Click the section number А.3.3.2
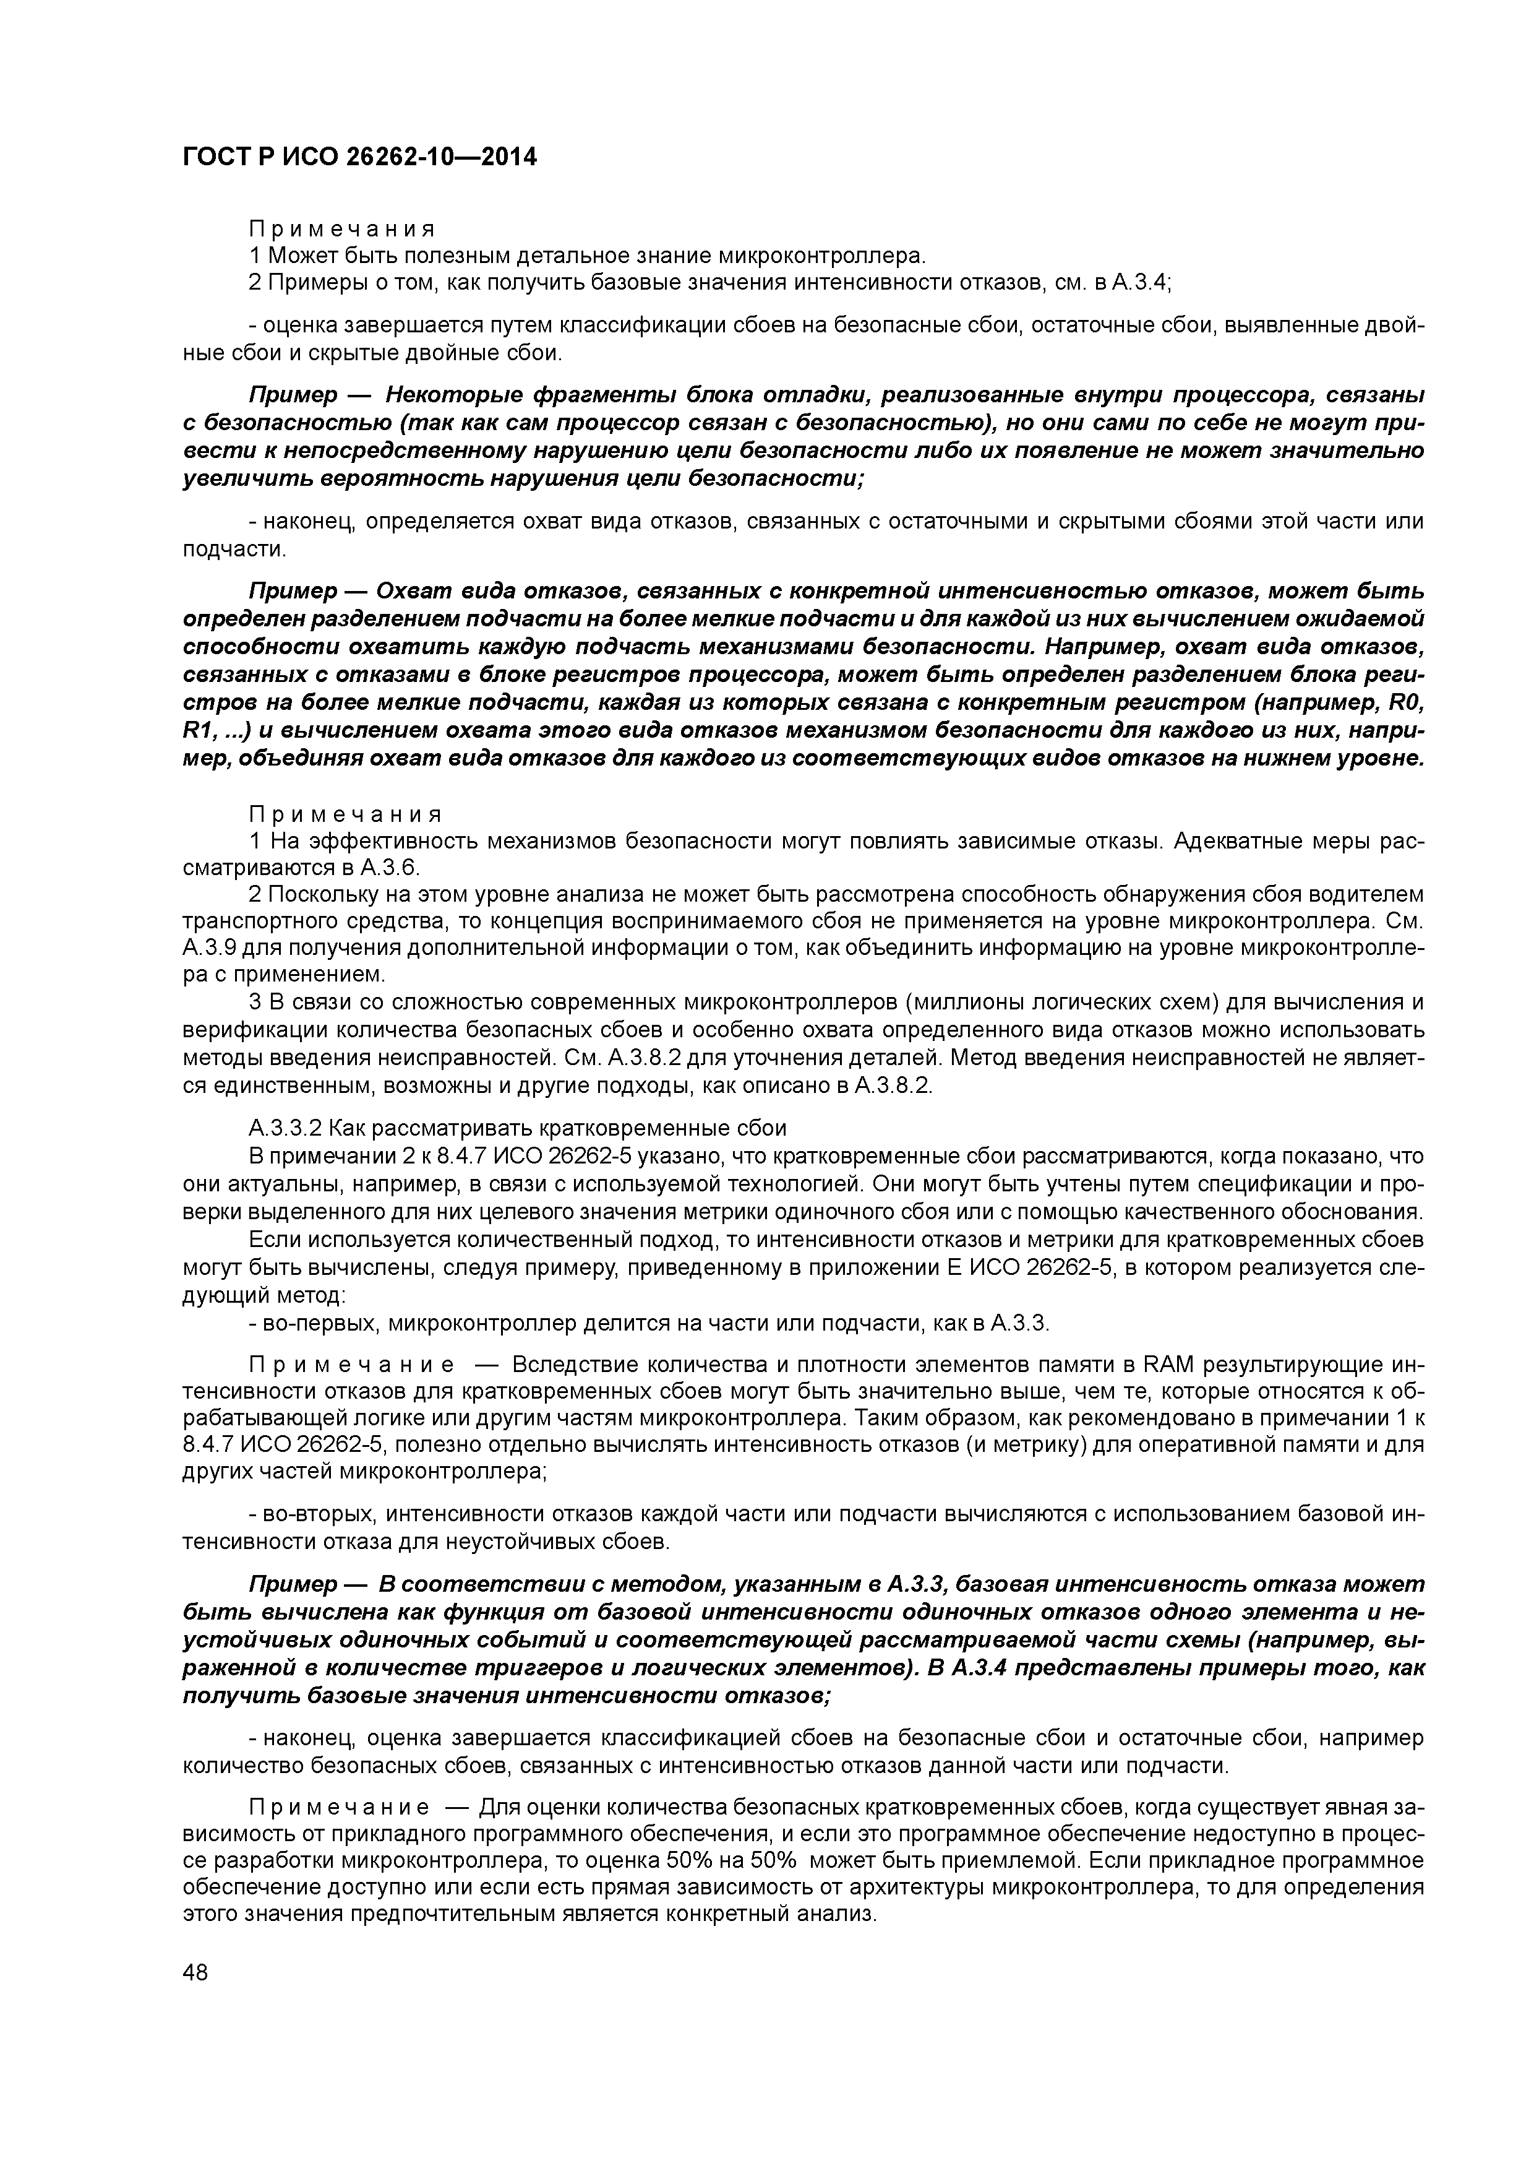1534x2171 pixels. coord(285,1128)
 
